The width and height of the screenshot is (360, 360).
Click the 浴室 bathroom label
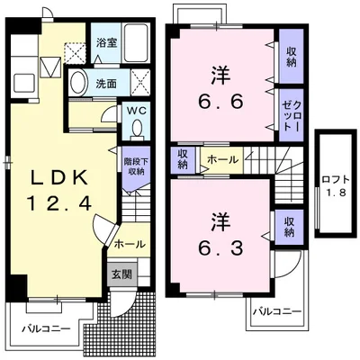click(x=106, y=43)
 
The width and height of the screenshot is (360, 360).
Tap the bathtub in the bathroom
click(x=136, y=42)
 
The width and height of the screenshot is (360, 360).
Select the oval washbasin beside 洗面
click(x=78, y=83)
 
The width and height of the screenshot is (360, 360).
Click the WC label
click(x=136, y=111)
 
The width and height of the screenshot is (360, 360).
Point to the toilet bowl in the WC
click(x=137, y=128)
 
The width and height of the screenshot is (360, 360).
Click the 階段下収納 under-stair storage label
click(x=136, y=166)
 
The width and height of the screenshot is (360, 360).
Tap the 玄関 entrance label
click(x=121, y=274)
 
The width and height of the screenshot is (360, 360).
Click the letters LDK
click(x=59, y=178)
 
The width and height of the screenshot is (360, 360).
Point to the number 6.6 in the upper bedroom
click(x=220, y=103)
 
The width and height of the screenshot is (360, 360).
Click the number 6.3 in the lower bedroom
click(x=220, y=247)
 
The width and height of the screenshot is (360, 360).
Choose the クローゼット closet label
click(x=291, y=115)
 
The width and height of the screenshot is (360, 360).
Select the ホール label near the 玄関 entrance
click(x=130, y=244)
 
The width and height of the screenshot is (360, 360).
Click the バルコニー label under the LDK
click(x=46, y=328)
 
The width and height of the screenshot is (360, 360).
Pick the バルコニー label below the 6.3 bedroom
click(x=276, y=312)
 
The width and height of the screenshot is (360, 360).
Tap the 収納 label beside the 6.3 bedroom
click(x=289, y=227)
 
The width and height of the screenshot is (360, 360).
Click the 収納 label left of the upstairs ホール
click(x=183, y=159)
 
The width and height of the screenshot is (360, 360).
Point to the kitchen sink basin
click(x=25, y=83)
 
